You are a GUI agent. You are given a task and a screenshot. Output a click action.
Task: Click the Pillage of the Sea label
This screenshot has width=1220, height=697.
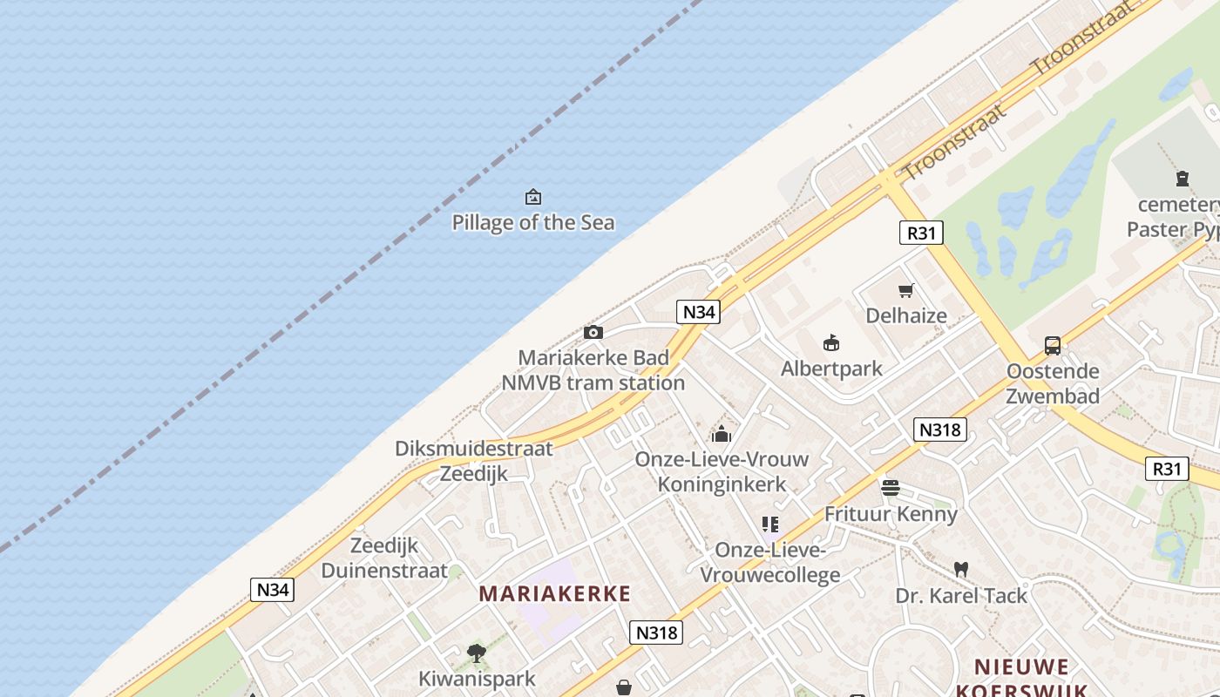pos(532,222)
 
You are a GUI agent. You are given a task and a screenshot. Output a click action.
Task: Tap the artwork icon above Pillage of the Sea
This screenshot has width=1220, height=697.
pos(532,198)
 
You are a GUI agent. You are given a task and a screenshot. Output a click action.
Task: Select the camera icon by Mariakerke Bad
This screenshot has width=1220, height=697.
pos(593,332)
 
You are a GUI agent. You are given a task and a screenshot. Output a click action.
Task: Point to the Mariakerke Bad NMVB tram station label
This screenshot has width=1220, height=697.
pos(593,370)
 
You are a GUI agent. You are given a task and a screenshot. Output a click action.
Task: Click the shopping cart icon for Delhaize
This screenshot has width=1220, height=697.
pos(906,290)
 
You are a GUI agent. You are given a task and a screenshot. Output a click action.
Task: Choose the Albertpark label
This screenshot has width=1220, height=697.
pos(831,369)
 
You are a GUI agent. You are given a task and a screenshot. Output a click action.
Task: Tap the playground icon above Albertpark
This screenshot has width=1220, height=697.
pos(831,343)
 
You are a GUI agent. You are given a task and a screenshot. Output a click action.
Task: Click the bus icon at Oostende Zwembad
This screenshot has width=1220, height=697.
pos(1053,346)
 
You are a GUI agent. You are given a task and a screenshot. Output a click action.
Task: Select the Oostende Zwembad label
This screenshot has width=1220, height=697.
pos(1053,383)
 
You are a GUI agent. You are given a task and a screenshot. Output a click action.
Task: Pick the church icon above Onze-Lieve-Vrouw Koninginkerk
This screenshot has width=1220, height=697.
pos(722,433)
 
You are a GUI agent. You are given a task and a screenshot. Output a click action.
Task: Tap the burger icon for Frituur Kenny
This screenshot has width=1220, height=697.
pos(890,488)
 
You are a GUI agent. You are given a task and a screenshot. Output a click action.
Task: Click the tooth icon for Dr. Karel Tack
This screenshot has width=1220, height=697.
pos(961,570)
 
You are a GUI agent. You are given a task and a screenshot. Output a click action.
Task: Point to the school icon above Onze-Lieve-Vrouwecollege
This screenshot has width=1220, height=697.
pos(769,524)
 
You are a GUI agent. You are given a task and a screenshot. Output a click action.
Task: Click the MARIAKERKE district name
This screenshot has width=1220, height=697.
pos(554,594)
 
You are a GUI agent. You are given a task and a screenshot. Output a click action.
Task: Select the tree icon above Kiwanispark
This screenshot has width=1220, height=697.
pos(476,653)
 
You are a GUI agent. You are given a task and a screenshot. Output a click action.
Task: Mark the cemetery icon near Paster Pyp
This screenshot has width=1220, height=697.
pos(1182,179)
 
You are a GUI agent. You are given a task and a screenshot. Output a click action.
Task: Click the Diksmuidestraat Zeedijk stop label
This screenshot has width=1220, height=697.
pos(473,461)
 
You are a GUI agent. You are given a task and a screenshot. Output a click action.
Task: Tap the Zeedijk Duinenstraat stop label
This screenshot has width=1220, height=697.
pos(383,558)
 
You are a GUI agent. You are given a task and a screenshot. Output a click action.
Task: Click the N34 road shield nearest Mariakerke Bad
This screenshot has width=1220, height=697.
pos(698,312)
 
